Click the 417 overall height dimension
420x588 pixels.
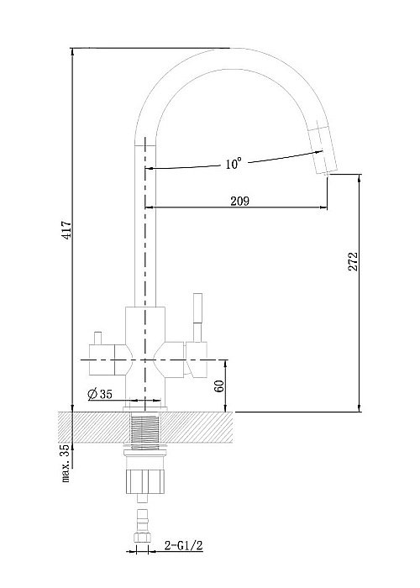point(66,229)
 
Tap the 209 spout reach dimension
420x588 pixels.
point(239,201)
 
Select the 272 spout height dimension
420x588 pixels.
point(353,261)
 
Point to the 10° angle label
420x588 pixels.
point(234,164)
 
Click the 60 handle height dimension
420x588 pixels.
point(220,386)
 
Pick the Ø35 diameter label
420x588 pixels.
point(100,394)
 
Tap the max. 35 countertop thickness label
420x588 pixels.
point(66,463)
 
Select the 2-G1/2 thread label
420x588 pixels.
point(184,545)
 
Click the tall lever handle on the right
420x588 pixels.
point(197,318)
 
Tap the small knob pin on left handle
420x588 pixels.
point(98,339)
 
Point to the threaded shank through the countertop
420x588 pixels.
point(145,428)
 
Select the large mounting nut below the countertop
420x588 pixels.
point(144,480)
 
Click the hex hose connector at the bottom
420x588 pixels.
point(142,537)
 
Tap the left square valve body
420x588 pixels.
point(102,360)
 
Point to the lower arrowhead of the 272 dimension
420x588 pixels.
point(360,407)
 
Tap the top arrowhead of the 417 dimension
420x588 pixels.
point(72,52)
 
